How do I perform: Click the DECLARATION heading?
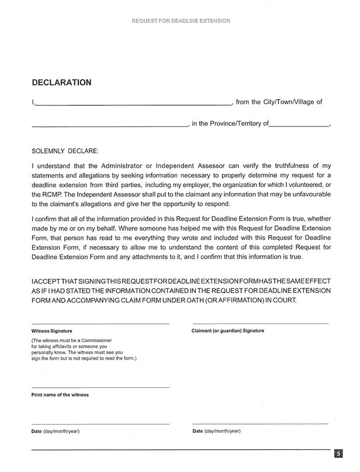pyautogui.click(x=61, y=82)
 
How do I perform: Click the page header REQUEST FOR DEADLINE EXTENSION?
pyautogui.click(x=181, y=21)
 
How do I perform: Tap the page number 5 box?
pyautogui.click(x=339, y=454)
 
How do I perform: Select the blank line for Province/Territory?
pyautogui.click(x=299, y=126)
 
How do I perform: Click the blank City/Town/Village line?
pyautogui.click(x=109, y=126)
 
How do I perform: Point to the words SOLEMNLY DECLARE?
pyautogui.click(x=65, y=150)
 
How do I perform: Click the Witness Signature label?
pyautogui.click(x=52, y=331)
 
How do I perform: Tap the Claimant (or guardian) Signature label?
pyautogui.click(x=228, y=331)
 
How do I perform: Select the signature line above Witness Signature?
pyautogui.click(x=100, y=324)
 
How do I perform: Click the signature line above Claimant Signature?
pyautogui.click(x=261, y=324)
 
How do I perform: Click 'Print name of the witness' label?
pyautogui.click(x=60, y=395)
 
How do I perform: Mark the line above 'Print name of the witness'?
pyautogui.click(x=100, y=388)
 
